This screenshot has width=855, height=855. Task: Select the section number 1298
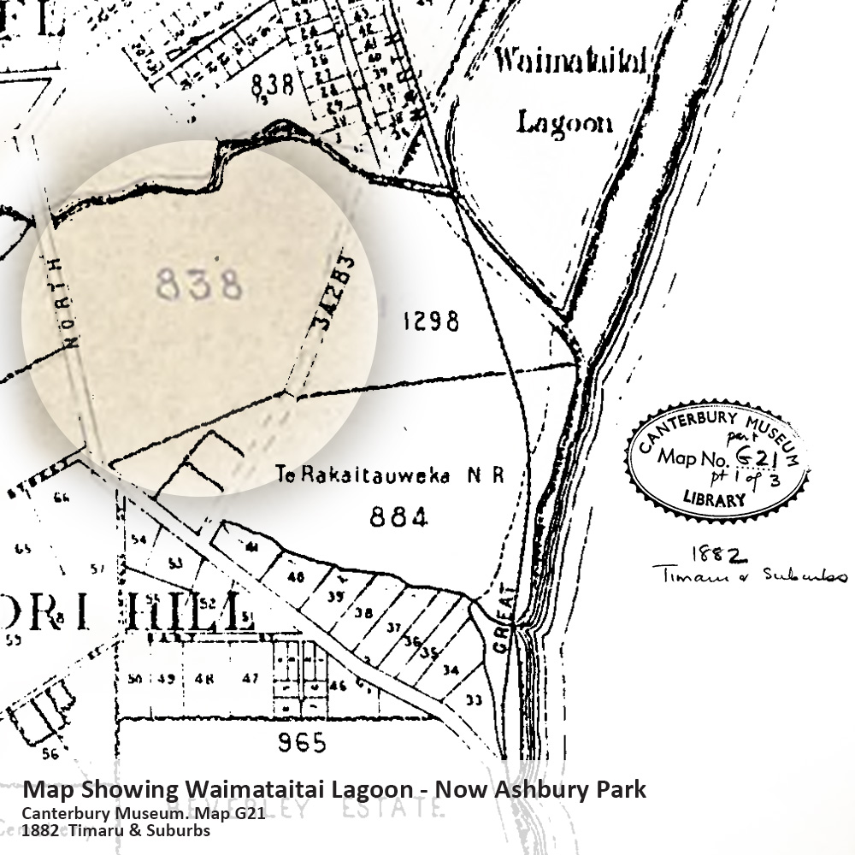click(x=430, y=322)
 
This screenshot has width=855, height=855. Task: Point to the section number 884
click(x=398, y=517)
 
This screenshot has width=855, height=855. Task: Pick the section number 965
click(x=302, y=743)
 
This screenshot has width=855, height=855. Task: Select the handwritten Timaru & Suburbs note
click(x=749, y=575)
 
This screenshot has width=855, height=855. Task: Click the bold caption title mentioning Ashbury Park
click(x=334, y=788)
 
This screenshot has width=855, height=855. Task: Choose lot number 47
click(x=250, y=679)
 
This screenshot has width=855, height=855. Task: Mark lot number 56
click(x=49, y=753)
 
